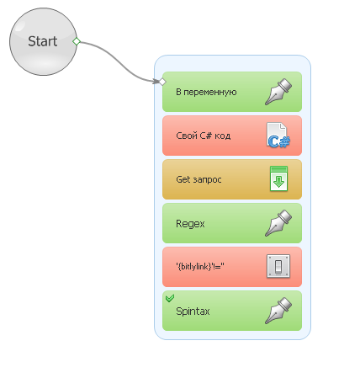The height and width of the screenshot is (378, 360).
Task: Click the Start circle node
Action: click(43, 41)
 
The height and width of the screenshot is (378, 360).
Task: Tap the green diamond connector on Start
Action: click(77, 41)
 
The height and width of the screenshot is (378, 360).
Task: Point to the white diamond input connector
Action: click(162, 82)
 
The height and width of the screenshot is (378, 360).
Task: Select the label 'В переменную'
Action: click(206, 92)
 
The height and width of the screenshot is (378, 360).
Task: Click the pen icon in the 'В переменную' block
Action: click(278, 92)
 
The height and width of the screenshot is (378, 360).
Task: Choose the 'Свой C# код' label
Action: click(204, 136)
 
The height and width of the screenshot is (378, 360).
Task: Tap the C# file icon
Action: click(278, 136)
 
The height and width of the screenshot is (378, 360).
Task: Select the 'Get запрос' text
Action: click(199, 179)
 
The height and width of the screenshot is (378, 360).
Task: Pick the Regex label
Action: click(190, 224)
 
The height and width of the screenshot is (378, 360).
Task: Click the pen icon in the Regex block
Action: click(278, 223)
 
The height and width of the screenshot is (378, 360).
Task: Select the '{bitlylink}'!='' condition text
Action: click(200, 266)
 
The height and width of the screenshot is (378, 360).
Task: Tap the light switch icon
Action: click(278, 266)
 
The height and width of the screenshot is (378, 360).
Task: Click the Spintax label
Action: click(193, 311)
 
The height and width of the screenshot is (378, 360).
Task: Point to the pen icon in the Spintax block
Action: click(278, 311)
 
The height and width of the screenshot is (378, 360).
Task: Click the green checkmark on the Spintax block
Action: click(170, 298)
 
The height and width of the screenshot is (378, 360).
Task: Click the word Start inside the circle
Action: click(43, 41)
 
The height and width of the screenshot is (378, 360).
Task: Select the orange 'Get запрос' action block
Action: click(232, 179)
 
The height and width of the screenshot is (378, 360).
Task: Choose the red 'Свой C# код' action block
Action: click(232, 136)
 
